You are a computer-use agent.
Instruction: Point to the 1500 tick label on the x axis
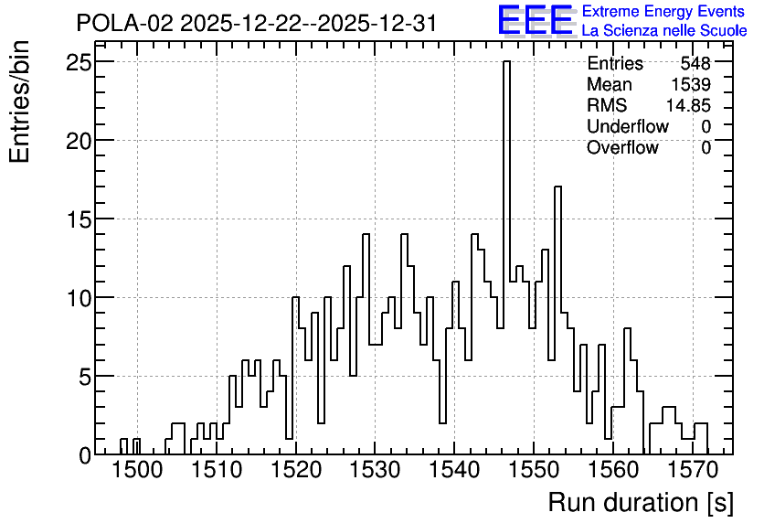click(x=137, y=471)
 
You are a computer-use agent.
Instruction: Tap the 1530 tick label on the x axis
click(x=375, y=471)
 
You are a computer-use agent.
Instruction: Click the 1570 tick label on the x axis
click(x=693, y=471)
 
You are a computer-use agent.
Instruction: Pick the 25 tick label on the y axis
click(x=80, y=62)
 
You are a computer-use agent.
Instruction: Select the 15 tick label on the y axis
click(x=80, y=219)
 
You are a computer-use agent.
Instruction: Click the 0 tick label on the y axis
click(x=85, y=455)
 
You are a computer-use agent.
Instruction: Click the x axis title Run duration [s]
click(x=641, y=503)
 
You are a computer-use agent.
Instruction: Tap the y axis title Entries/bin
click(x=20, y=101)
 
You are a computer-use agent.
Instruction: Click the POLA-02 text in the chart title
click(x=124, y=23)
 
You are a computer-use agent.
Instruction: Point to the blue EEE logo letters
click(x=535, y=20)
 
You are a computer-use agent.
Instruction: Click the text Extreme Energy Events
click(x=663, y=11)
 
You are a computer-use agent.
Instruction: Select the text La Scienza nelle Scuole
click(x=664, y=31)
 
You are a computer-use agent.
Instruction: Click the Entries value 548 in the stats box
click(x=695, y=63)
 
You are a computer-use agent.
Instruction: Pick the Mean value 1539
click(x=691, y=84)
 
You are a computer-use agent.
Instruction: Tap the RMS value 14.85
click(x=688, y=105)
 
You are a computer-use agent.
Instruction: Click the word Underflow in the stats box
click(x=628, y=126)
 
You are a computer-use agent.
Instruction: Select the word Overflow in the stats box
click(x=622, y=147)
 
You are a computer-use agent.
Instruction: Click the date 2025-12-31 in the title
click(x=377, y=23)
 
